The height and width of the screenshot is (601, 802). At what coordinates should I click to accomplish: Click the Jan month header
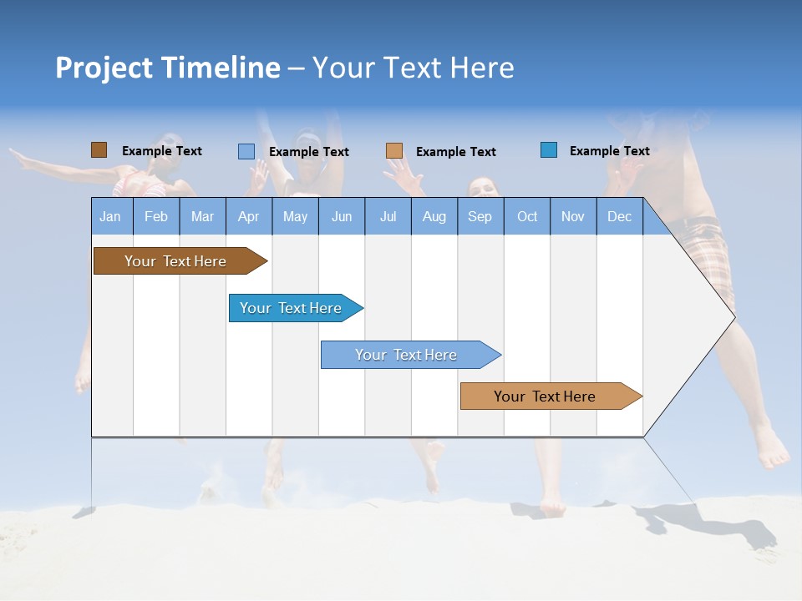pos(111,216)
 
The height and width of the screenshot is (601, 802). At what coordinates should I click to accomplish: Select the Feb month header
pos(156,216)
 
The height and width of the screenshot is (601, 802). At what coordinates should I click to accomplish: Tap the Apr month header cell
pos(249,216)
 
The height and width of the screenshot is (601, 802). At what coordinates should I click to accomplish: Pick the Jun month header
pos(342,216)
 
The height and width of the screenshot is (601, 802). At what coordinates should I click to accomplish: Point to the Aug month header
pos(434,216)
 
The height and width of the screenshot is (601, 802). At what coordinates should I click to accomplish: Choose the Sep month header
pos(480,216)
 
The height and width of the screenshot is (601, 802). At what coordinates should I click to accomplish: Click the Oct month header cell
pos(527,216)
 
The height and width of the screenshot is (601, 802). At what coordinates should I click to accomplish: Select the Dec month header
pos(620,216)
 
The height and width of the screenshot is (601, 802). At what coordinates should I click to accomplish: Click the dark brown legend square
pos(99,150)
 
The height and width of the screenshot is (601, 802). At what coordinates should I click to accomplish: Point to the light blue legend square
pos(246,151)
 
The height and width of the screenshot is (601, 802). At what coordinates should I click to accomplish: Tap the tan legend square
pos(394,151)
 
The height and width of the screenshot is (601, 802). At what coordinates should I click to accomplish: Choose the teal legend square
pos(549,150)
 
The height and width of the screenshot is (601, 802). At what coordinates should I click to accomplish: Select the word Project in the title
pos(104,68)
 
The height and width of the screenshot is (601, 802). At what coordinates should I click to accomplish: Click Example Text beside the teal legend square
pos(609,151)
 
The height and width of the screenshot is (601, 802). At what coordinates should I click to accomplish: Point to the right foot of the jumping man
pos(774,455)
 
